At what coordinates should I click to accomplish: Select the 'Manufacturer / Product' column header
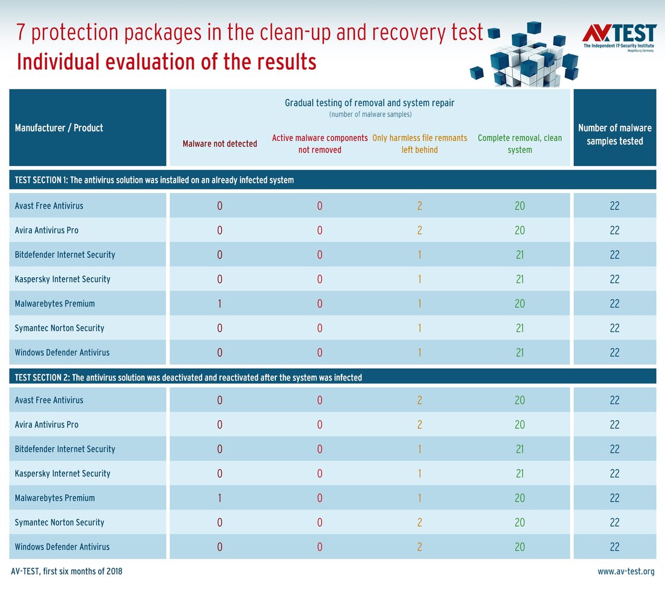point(59,127)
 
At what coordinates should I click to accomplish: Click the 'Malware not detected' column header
point(219,144)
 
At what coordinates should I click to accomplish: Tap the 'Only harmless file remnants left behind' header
point(420,144)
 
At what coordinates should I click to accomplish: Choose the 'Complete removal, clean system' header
point(519,144)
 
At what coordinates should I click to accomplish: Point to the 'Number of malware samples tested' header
point(614,134)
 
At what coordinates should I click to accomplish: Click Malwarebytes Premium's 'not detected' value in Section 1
point(219,304)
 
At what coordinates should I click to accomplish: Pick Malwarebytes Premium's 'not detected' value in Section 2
point(219,498)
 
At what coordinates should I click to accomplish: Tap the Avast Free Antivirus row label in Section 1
point(49,206)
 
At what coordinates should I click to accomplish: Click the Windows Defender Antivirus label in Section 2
point(62,546)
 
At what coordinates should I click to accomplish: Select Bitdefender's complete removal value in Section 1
point(519,254)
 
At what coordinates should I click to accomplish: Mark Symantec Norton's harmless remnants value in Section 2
point(420,522)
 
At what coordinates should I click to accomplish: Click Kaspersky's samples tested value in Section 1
point(614,279)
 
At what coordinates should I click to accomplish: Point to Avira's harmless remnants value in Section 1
point(420,230)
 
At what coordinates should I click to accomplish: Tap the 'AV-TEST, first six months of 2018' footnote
point(67,571)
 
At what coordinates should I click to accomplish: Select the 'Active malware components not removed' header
point(320,144)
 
